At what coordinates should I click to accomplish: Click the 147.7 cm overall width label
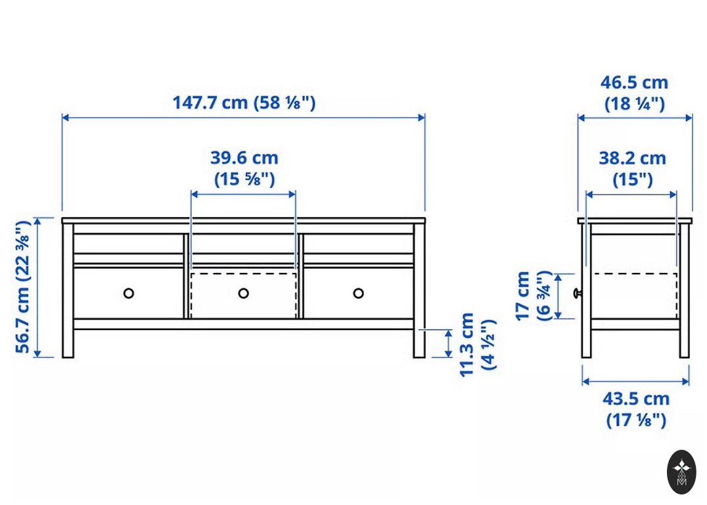pos(244,103)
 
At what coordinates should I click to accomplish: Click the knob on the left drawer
pos(129,293)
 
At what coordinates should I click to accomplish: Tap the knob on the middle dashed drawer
pos(244,293)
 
